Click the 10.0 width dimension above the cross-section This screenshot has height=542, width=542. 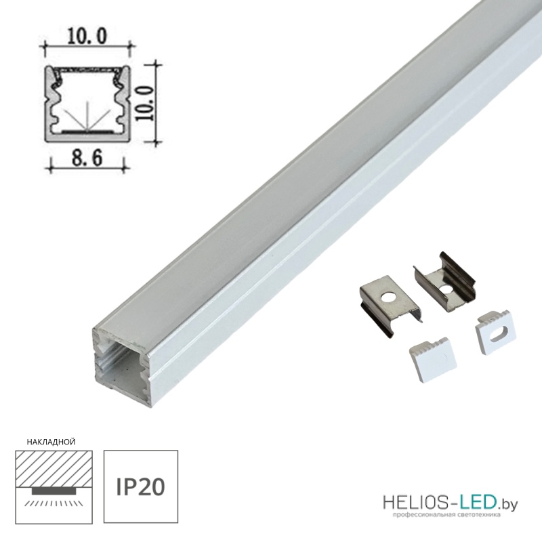coord(87,37)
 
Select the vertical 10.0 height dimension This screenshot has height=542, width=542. coord(144,103)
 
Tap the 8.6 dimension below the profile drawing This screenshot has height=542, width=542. coord(87,159)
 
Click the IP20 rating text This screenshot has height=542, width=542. coord(140,488)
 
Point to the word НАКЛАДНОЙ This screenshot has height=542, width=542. coord(51,442)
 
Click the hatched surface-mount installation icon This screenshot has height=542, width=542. coord(54,486)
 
